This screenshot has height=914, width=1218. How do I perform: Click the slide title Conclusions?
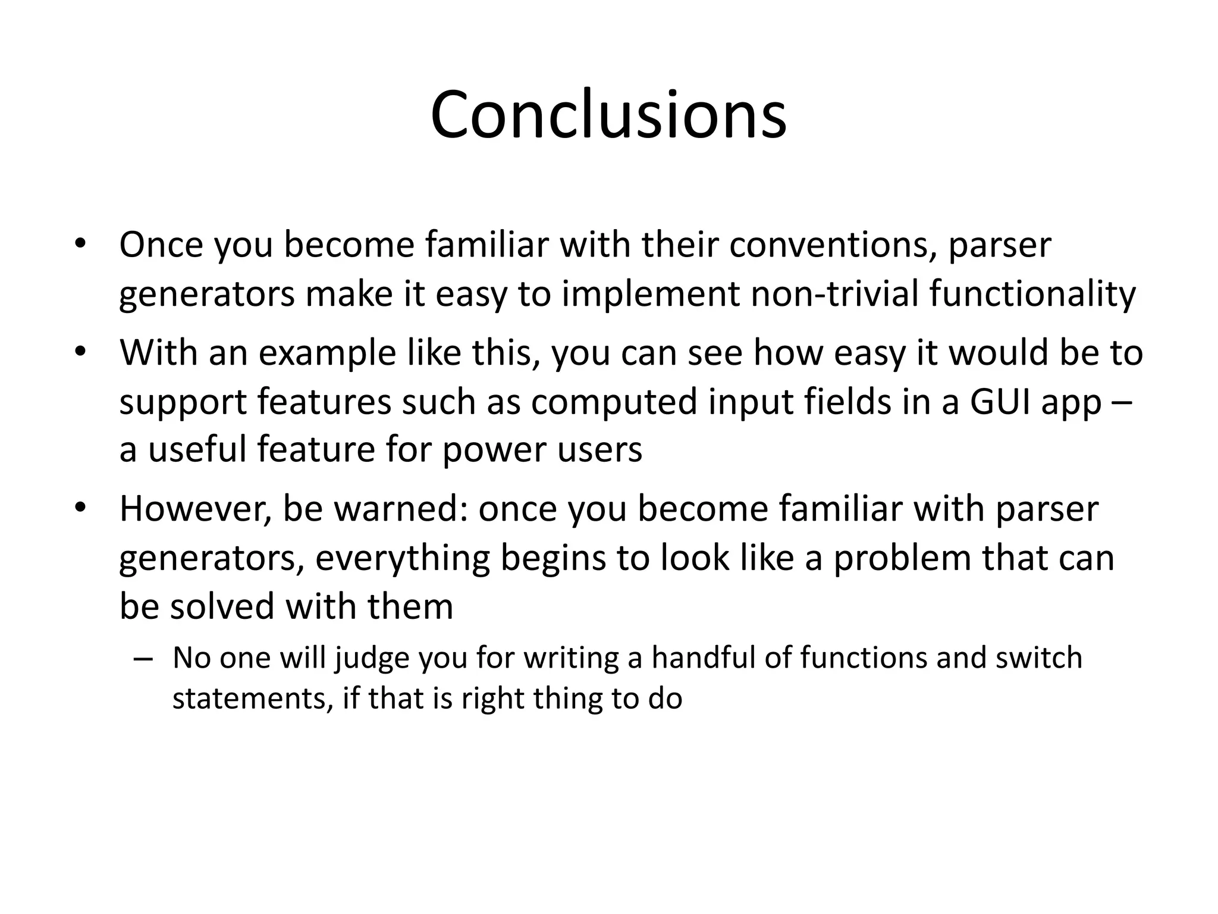click(608, 114)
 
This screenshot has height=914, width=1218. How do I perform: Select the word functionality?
click(1032, 294)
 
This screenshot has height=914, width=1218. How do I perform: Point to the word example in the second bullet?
click(327, 353)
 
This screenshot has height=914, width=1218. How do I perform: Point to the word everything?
click(402, 559)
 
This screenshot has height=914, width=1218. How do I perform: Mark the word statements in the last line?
click(250, 699)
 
